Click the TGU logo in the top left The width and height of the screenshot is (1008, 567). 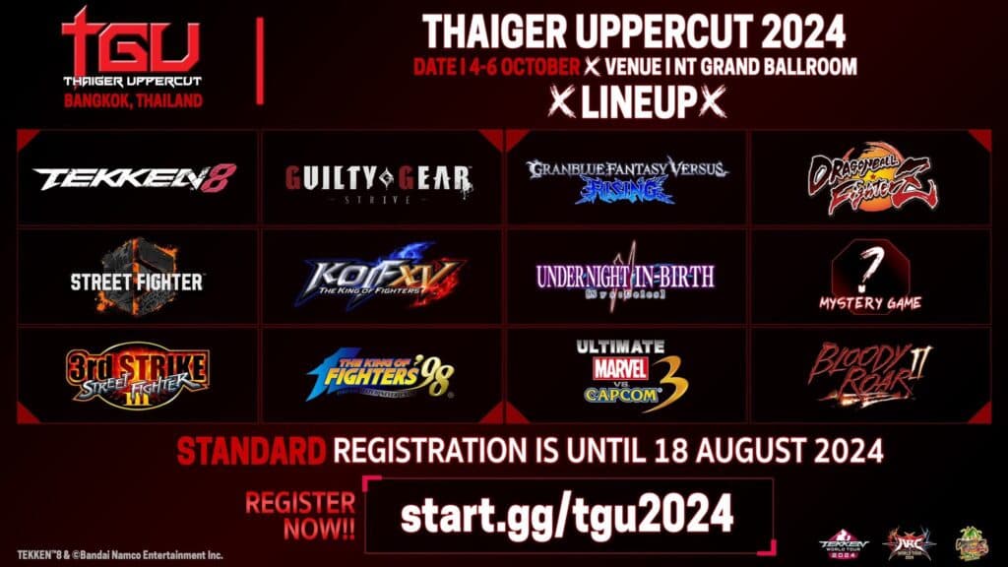tap(131, 44)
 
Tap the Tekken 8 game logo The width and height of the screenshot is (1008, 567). tap(135, 178)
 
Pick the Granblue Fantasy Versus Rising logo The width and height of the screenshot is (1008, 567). tap(626, 179)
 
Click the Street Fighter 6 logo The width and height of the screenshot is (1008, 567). tap(136, 277)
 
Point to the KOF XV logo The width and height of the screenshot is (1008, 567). tap(383, 277)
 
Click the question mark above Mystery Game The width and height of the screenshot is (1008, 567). tap(869, 264)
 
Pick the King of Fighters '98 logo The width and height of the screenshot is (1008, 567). tap(380, 376)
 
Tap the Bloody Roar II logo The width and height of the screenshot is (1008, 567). tap(869, 374)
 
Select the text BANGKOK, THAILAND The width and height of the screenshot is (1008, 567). tap(132, 100)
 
